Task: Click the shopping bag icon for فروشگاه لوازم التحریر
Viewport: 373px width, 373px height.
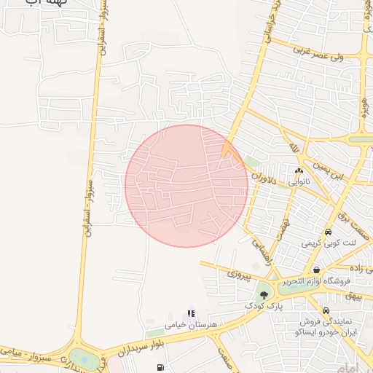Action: click(315, 270)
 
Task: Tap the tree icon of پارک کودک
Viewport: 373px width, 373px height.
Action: click(263, 295)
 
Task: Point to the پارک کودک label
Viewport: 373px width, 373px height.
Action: click(264, 307)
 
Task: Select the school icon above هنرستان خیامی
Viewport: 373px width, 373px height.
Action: click(191, 314)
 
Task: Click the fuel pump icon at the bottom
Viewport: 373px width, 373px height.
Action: click(160, 366)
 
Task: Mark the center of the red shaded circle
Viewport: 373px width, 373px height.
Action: click(186, 186)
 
